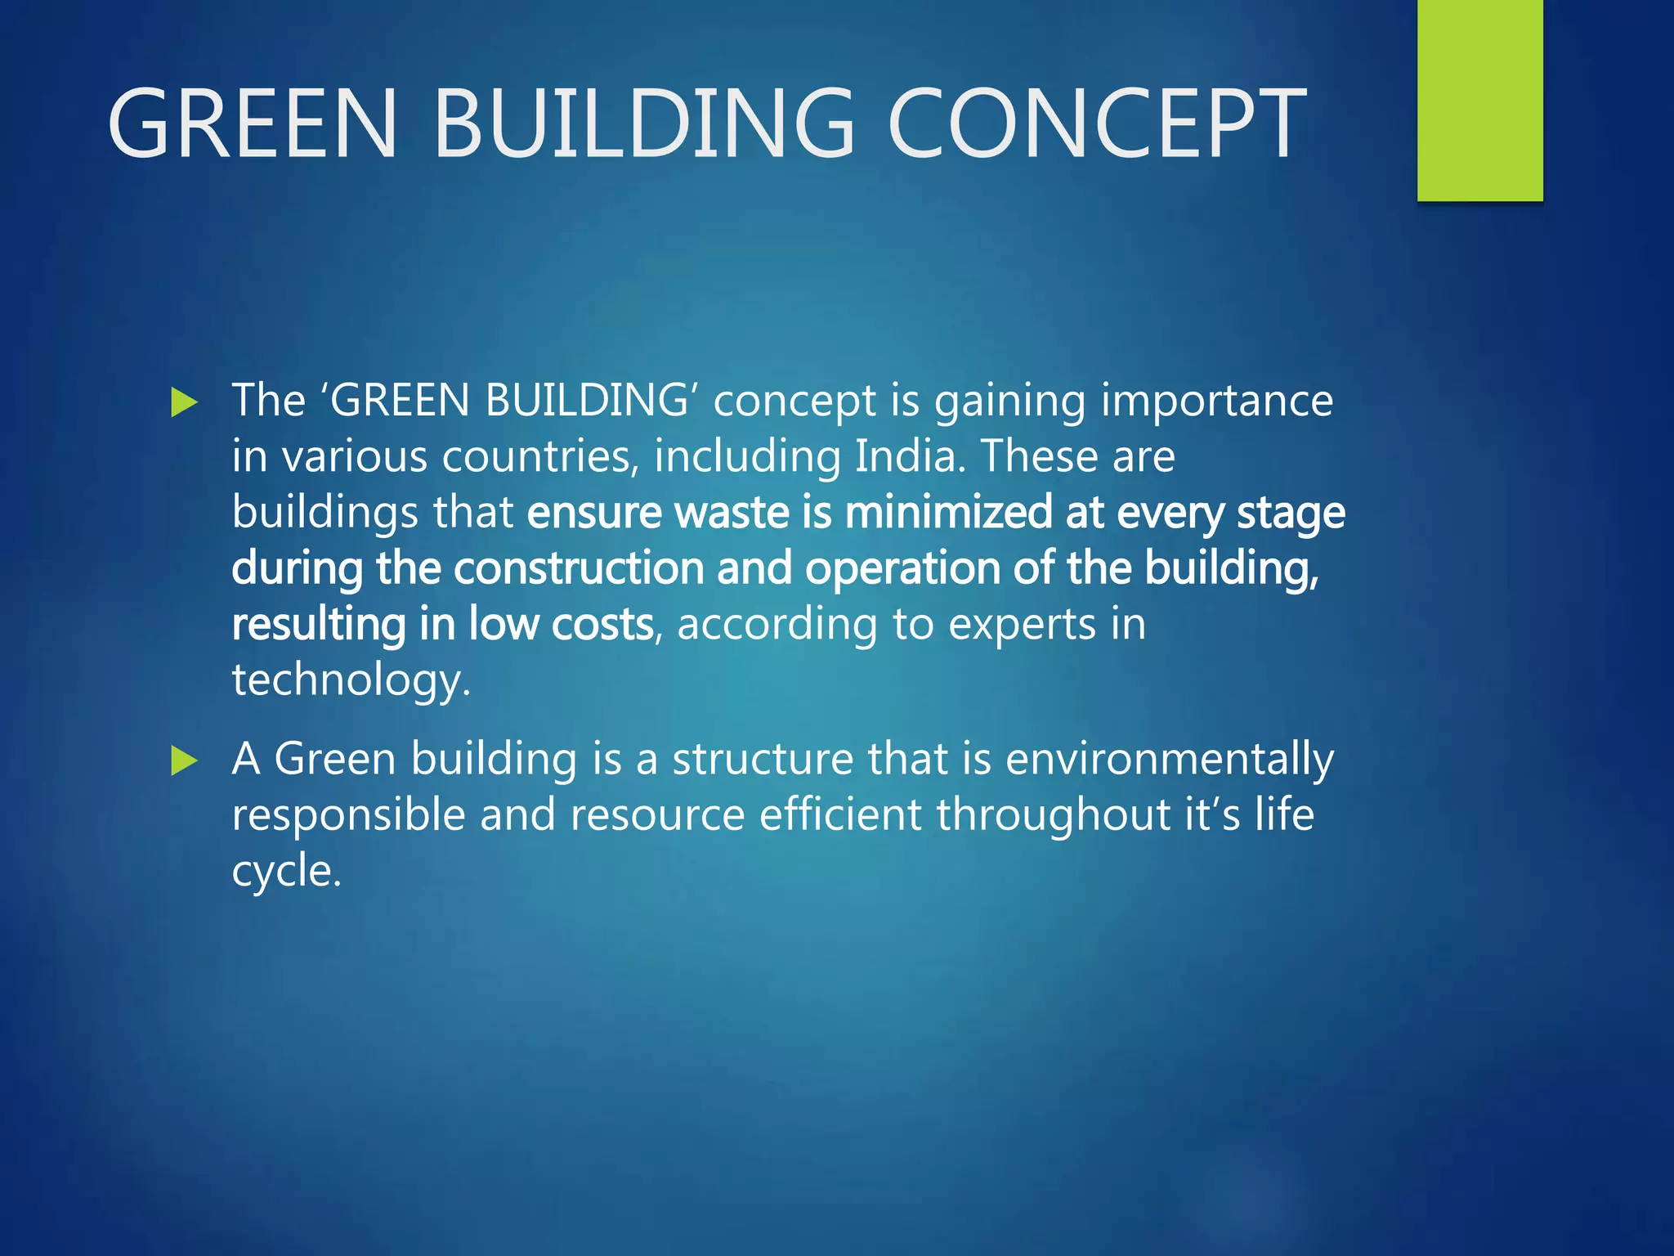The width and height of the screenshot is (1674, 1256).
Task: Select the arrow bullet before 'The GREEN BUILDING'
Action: [185, 402]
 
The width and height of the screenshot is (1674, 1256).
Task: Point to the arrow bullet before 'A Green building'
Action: [185, 761]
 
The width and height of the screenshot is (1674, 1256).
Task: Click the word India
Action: [910, 456]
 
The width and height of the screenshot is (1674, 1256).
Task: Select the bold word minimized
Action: [948, 513]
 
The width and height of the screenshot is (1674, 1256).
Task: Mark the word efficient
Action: [840, 814]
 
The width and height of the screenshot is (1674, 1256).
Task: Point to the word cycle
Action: [285, 871]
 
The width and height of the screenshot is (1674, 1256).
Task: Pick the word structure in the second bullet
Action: [763, 759]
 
